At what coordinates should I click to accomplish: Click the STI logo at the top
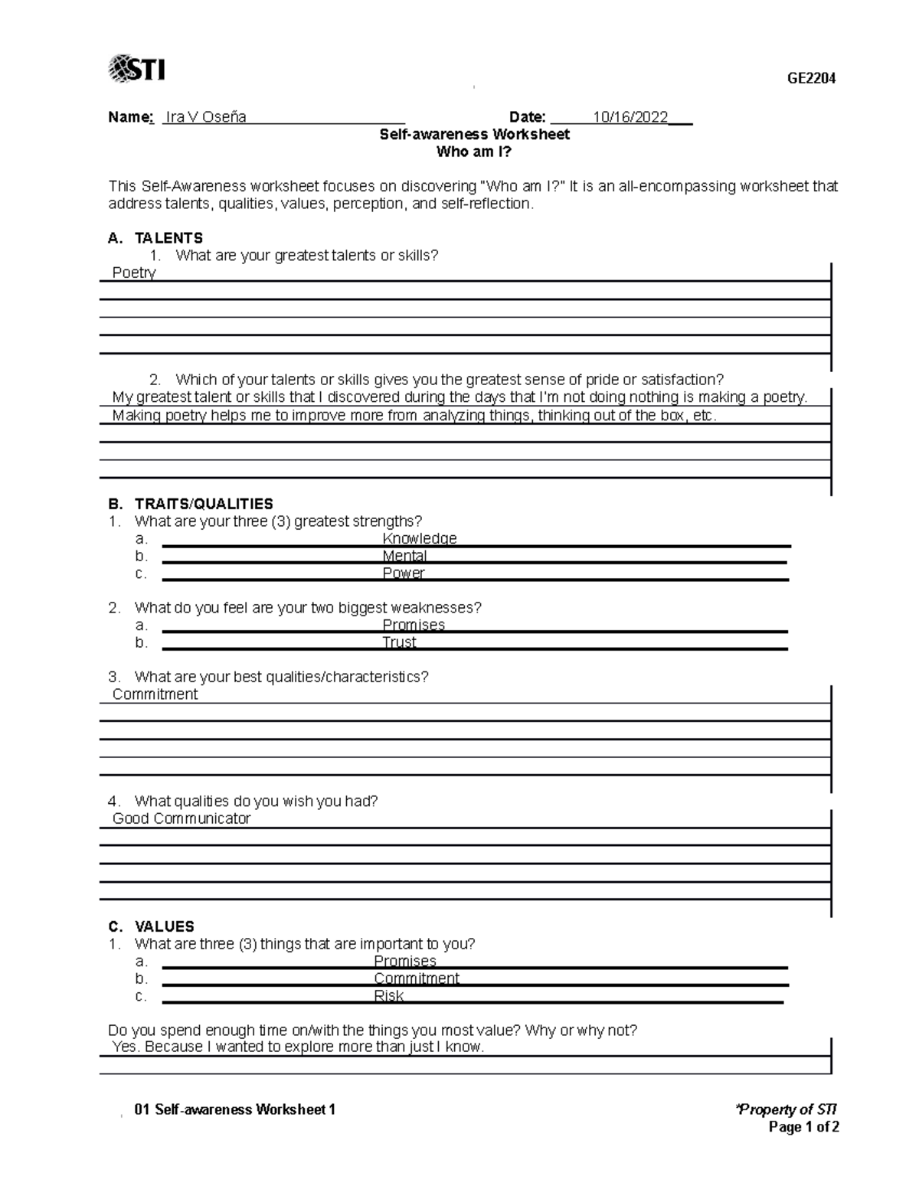tap(138, 69)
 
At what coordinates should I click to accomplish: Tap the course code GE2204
tap(812, 78)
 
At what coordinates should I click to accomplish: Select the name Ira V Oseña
tap(205, 117)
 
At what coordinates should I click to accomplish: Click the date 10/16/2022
tap(630, 117)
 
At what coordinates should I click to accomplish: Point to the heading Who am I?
tap(473, 152)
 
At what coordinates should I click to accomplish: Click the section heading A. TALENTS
tap(155, 238)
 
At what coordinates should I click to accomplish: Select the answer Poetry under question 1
tap(134, 273)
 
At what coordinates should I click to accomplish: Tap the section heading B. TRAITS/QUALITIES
tap(191, 504)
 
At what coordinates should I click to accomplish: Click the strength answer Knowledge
tap(419, 538)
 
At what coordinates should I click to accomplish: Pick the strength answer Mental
tap(404, 556)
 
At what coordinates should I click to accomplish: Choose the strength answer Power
tap(403, 573)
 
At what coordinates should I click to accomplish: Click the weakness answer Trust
tap(399, 642)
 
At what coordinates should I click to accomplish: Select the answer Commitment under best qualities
tap(155, 694)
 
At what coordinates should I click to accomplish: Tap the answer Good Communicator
tap(182, 818)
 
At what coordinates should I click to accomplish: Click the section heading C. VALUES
tap(152, 926)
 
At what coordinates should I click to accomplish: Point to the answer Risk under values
tap(388, 996)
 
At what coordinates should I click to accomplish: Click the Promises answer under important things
tap(404, 961)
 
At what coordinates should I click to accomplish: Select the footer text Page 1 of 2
tap(803, 1127)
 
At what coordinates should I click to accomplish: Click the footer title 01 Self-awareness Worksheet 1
tap(234, 1109)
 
